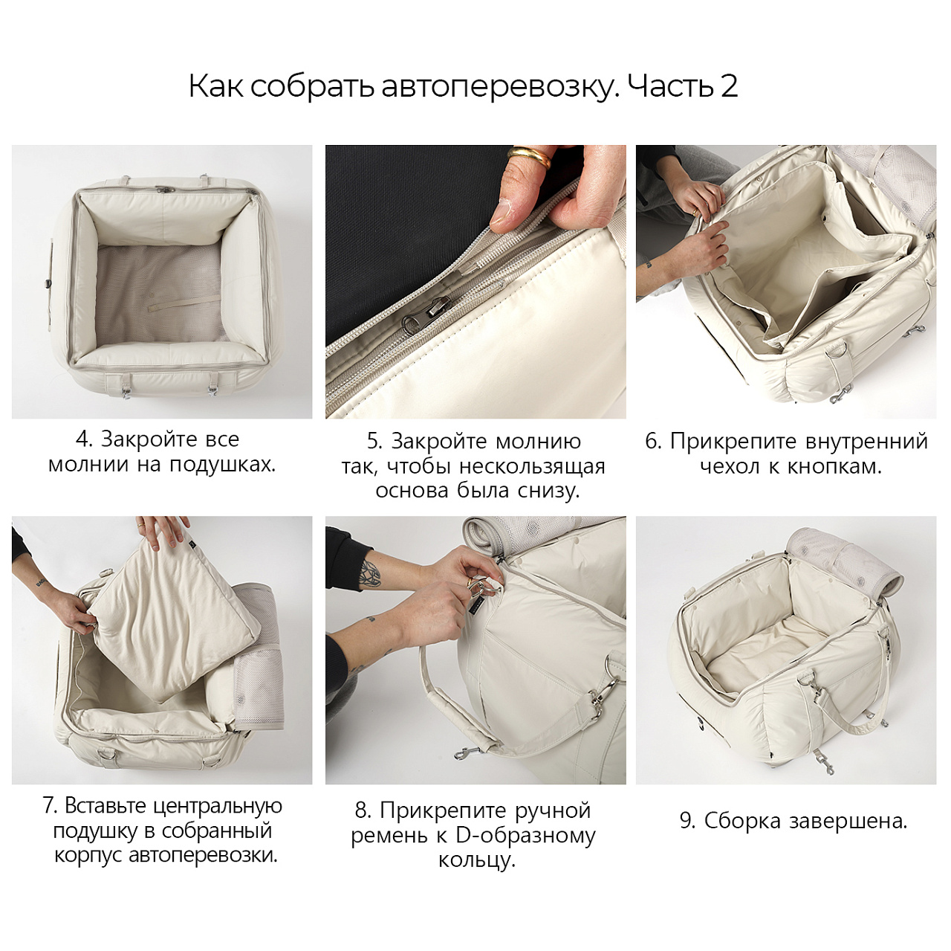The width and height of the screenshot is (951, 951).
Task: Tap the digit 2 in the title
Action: pos(728,86)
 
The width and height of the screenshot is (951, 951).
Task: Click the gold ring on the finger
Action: pos(530,156)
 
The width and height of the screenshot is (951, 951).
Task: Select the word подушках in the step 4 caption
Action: pos(223,465)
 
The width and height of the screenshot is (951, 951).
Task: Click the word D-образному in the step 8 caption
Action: pos(526,836)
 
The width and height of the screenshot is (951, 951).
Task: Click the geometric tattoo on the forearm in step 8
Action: pos(370,575)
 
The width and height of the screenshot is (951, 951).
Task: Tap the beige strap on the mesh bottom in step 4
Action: pos(184,302)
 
